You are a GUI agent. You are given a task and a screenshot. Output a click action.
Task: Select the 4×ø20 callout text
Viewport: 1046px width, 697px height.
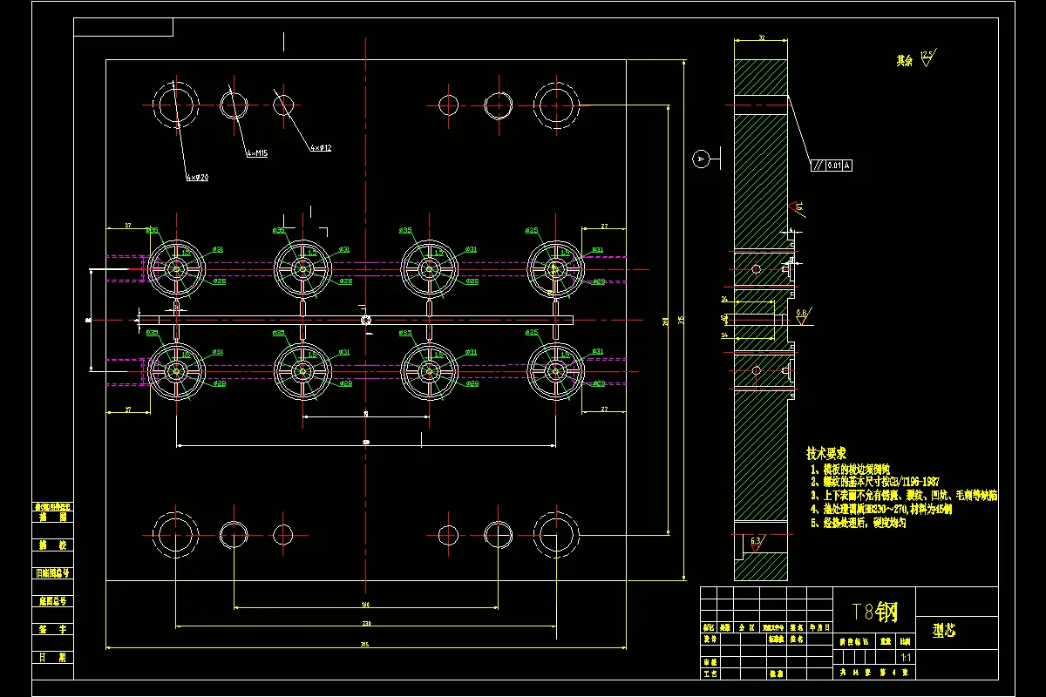pyautogui.click(x=197, y=177)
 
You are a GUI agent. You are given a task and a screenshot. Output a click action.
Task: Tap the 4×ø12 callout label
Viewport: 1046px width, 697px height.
pyautogui.click(x=320, y=148)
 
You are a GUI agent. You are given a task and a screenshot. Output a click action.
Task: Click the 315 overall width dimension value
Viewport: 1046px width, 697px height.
pyautogui.click(x=365, y=644)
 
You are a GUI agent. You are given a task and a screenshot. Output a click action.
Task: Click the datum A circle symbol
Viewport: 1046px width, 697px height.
pyautogui.click(x=699, y=159)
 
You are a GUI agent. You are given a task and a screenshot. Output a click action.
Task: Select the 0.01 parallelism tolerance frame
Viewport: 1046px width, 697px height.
pyautogui.click(x=832, y=165)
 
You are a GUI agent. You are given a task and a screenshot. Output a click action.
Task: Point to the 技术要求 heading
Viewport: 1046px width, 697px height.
pyautogui.click(x=825, y=454)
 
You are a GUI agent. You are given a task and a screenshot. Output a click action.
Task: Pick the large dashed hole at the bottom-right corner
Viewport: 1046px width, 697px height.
pyautogui.click(x=556, y=533)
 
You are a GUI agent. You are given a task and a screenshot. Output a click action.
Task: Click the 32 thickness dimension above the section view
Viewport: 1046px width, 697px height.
pyautogui.click(x=761, y=38)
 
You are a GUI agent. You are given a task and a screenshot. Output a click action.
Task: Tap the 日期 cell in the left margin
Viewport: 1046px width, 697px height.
pyautogui.click(x=51, y=657)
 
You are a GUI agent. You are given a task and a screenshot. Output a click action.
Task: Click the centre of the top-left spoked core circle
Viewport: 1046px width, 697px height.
pyautogui.click(x=176, y=267)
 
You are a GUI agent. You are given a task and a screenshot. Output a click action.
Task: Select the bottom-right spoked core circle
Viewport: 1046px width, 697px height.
pyautogui.click(x=555, y=370)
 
